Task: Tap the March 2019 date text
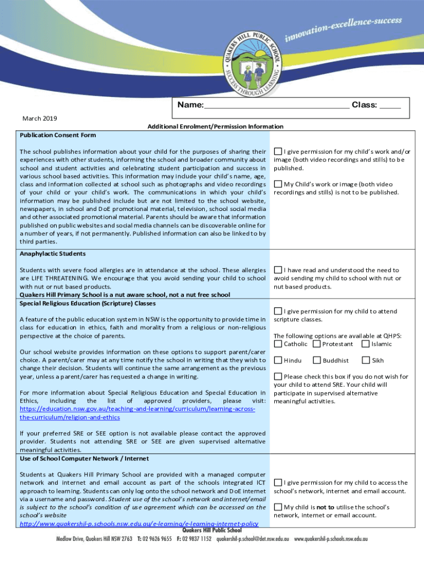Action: tap(40, 118)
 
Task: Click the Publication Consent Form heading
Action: tap(58, 135)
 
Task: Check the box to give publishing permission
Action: tap(278, 151)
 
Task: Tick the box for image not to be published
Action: tap(278, 184)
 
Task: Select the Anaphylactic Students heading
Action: tap(53, 254)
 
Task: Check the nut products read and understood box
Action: tap(278, 270)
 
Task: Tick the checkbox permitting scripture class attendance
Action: tap(278, 311)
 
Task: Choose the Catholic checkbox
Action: tap(278, 344)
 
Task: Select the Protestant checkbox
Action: tap(317, 344)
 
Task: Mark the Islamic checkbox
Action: tap(366, 344)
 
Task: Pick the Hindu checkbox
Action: tap(278, 360)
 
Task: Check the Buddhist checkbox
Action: tap(317, 360)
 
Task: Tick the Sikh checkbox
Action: tap(366, 360)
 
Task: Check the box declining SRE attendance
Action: tap(278, 377)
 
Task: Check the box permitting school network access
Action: tap(278, 482)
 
